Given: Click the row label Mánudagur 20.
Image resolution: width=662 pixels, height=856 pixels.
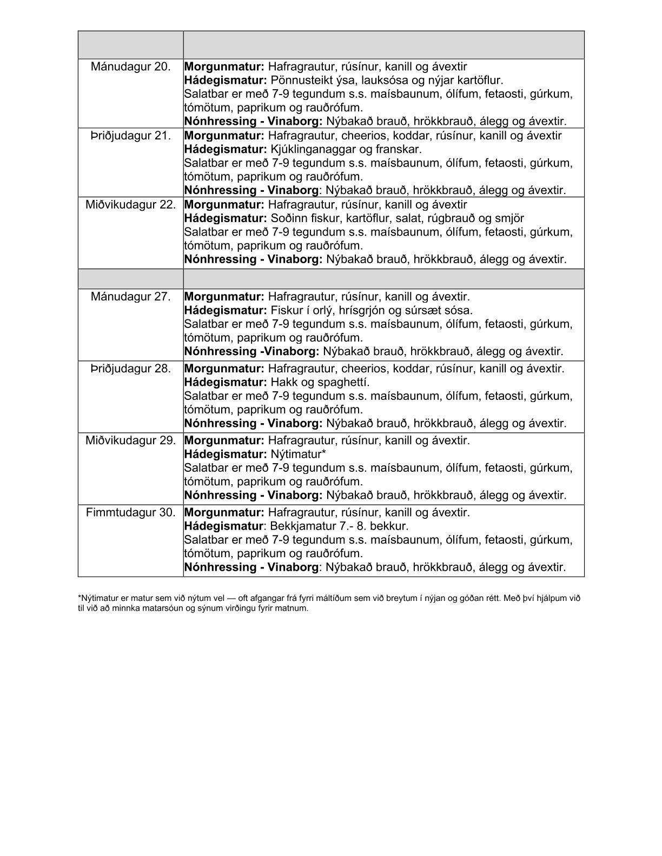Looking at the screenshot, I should click(130, 67).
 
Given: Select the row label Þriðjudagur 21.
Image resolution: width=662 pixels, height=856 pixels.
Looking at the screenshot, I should click(130, 136).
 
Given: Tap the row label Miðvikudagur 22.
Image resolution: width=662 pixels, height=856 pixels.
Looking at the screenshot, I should click(130, 205).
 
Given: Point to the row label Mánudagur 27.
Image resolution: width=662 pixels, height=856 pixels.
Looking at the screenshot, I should click(130, 297).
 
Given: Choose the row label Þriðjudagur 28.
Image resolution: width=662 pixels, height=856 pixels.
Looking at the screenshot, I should click(130, 369).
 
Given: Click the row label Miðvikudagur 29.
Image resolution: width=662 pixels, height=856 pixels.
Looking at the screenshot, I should click(130, 440).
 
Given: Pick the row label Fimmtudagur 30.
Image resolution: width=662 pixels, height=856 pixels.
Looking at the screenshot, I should click(130, 512).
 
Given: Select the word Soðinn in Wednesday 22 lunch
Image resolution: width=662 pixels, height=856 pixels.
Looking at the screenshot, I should click(288, 218).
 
